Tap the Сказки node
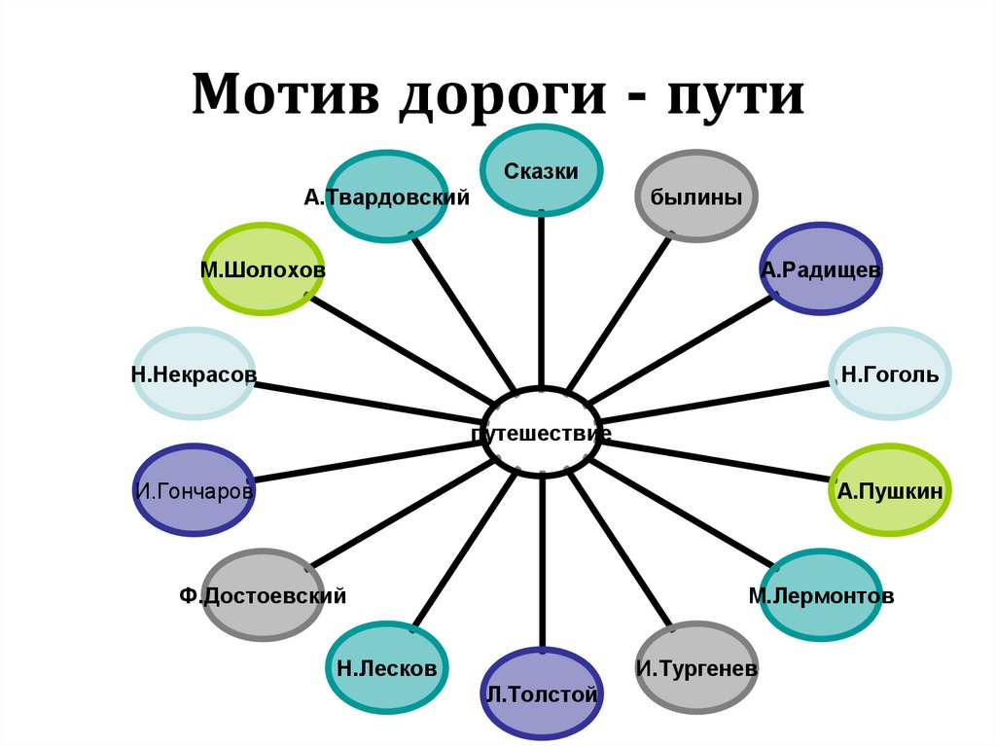pyautogui.click(x=542, y=171)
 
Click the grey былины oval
pyautogui.click(x=696, y=197)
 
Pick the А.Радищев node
pyautogui.click(x=820, y=269)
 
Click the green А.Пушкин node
pyautogui.click(x=889, y=490)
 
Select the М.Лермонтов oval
pyautogui.click(x=820, y=594)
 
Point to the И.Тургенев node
pyautogui.click(x=696, y=668)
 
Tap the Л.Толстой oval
pyautogui.click(x=542, y=693)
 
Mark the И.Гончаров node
pyautogui.click(x=195, y=490)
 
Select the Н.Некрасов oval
pyautogui.click(x=195, y=374)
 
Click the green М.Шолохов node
pyautogui.click(x=263, y=269)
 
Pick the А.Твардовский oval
pyautogui.click(x=386, y=197)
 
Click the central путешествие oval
pyautogui.click(x=542, y=432)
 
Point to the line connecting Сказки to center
pyautogui.click(x=542, y=302)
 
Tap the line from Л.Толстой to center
pyautogui.click(x=542, y=564)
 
